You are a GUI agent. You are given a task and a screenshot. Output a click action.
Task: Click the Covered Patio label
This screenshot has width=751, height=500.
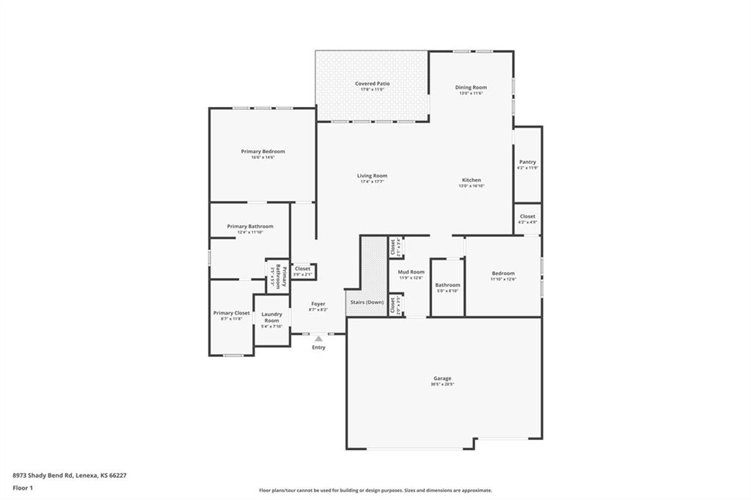372,84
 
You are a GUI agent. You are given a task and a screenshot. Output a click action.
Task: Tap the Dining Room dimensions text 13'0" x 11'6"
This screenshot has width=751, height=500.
472,93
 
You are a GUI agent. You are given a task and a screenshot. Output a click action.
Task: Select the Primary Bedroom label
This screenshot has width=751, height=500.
263,151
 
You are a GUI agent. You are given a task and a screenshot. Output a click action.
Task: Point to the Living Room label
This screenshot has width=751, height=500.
372,176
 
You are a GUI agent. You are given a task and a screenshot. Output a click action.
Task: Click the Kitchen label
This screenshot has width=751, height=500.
472,180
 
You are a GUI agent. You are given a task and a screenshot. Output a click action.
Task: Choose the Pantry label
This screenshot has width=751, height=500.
527,162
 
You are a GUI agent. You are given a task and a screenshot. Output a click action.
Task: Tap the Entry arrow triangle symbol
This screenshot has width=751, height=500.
318,339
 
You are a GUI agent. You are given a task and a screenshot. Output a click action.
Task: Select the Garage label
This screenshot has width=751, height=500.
442,378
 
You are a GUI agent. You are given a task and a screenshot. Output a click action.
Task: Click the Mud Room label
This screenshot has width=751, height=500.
411,272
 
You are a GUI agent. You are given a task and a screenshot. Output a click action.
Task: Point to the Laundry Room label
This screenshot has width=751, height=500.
271,317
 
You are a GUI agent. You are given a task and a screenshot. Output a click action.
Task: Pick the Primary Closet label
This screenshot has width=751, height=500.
232,313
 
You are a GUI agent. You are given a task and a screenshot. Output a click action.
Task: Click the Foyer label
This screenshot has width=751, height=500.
318,304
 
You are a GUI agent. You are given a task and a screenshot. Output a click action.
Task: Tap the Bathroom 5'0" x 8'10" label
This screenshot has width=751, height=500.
447,284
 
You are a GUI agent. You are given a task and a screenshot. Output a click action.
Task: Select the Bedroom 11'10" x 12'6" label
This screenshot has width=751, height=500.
503,273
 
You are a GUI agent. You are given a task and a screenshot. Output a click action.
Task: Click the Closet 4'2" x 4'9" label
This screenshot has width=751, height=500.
527,216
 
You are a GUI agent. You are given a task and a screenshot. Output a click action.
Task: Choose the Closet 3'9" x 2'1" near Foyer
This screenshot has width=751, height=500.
302,269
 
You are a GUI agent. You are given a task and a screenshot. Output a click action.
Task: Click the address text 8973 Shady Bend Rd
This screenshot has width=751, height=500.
69,475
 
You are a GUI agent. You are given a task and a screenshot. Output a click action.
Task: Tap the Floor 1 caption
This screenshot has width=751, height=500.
23,488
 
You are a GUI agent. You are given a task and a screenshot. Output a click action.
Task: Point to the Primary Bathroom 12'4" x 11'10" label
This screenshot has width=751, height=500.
250,227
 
